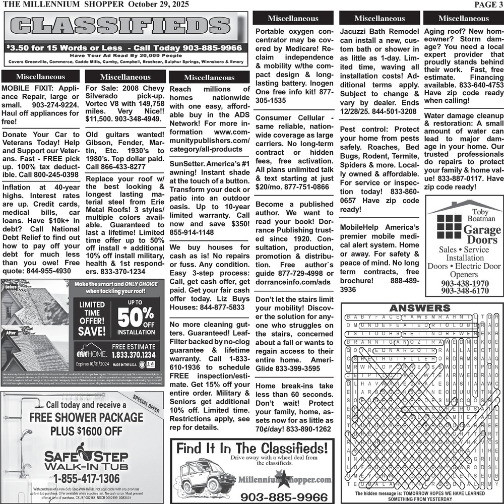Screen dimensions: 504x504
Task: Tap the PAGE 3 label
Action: coord(488,5)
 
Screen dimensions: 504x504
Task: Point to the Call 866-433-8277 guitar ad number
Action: coord(115,167)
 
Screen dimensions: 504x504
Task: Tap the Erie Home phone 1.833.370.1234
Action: coord(133,355)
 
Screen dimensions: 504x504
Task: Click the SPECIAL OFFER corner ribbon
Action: coord(147,403)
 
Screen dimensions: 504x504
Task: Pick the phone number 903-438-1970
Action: coord(464,284)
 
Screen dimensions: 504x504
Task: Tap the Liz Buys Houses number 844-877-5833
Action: coord(222,307)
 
